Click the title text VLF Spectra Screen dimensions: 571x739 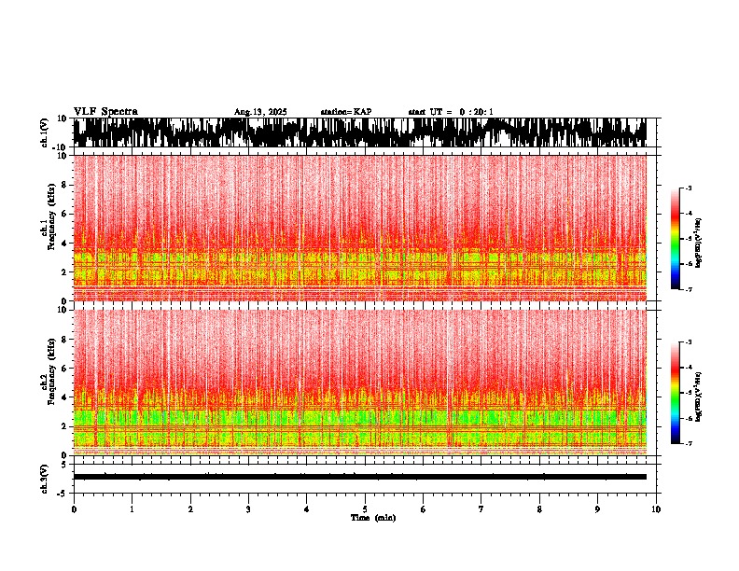coord(105,111)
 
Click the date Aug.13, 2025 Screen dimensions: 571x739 coord(260,112)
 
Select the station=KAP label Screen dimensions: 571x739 coord(345,112)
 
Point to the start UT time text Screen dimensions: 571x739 coord(451,112)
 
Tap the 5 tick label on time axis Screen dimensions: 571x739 coord(365,509)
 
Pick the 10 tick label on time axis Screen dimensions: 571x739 coord(656,509)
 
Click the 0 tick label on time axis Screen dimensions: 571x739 coord(74,509)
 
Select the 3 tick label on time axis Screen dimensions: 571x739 coord(248,509)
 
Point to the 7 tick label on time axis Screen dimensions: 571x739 coord(481,509)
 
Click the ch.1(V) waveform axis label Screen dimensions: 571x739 coord(45,132)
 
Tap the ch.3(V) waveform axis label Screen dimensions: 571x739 coord(45,477)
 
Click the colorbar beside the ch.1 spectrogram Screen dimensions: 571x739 coord(675,239)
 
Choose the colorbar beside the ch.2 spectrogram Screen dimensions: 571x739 coord(675,393)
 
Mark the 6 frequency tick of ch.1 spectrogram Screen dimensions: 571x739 coord(63,214)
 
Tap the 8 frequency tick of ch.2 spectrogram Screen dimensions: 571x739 coord(63,339)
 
